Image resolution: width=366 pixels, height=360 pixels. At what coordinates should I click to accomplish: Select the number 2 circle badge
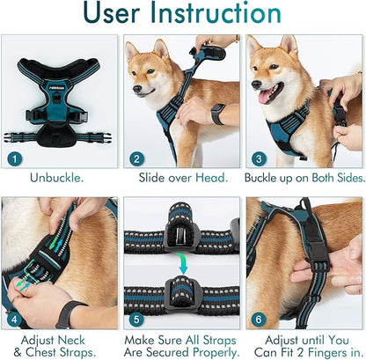point(136,159)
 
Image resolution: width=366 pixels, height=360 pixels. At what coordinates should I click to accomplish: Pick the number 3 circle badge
point(258,159)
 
